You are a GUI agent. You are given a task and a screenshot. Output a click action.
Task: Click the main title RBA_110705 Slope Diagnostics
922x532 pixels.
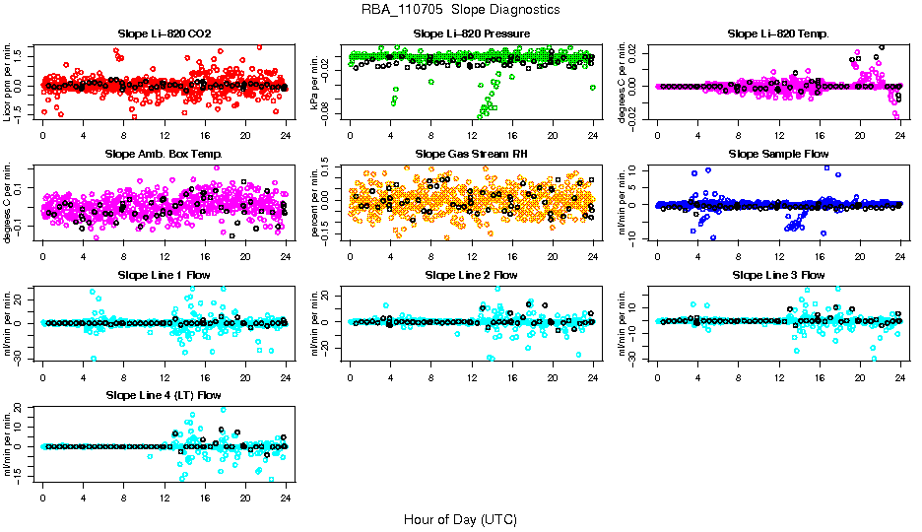tap(461, 9)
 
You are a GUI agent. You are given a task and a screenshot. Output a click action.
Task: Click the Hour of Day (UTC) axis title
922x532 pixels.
tap(460, 518)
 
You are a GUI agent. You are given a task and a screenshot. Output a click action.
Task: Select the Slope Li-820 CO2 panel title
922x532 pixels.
tap(164, 33)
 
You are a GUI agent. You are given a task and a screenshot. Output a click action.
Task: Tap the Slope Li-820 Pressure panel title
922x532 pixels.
tap(472, 33)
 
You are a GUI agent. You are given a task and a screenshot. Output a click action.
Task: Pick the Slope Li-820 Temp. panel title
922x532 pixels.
tap(778, 33)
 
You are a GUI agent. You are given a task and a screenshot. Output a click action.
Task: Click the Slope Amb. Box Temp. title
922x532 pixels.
tap(164, 154)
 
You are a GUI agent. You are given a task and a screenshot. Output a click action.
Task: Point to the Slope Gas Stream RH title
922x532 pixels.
tap(472, 154)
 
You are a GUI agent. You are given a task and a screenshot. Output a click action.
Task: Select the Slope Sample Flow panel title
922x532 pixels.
tap(778, 154)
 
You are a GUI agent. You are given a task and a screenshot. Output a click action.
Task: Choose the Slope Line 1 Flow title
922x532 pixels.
tap(164, 275)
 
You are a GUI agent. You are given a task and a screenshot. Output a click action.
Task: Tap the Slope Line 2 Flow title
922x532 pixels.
tap(472, 275)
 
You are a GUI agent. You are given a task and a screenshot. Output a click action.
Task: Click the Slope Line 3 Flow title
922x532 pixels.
tap(778, 275)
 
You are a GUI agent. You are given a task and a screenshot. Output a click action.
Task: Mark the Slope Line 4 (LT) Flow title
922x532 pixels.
tap(164, 395)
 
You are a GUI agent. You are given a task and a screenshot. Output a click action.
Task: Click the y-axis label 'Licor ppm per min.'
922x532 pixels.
tap(9, 83)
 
